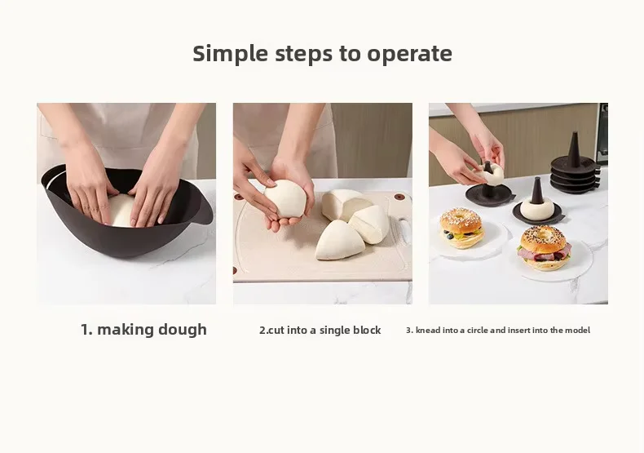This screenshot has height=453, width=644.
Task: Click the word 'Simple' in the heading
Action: coord(230,54)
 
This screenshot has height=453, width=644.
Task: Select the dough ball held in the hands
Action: coord(285,198)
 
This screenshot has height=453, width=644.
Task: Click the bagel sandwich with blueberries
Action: coord(461,229)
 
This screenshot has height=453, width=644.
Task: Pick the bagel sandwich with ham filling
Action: coord(545,248)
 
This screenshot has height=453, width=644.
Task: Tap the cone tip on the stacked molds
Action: coord(573,135)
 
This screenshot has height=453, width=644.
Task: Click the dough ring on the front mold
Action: coord(537,208)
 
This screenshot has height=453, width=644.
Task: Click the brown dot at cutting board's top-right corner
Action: coord(399,197)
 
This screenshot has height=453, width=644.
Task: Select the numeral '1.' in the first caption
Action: coord(86,330)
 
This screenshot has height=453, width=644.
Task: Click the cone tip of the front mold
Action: coord(537,180)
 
